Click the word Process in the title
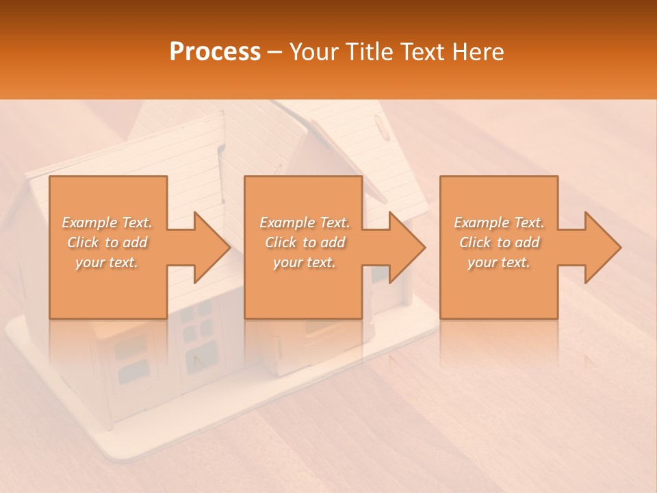point(215,52)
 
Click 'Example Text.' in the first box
point(107,223)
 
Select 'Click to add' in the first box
point(107,242)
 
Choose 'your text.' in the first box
point(107,262)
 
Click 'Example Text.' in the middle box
point(305,223)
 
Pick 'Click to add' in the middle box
point(305,242)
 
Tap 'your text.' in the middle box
point(305,262)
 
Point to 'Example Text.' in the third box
point(499,223)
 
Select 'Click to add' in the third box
point(499,242)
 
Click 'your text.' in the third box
point(499,262)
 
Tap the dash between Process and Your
point(275,52)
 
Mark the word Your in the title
point(312,52)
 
